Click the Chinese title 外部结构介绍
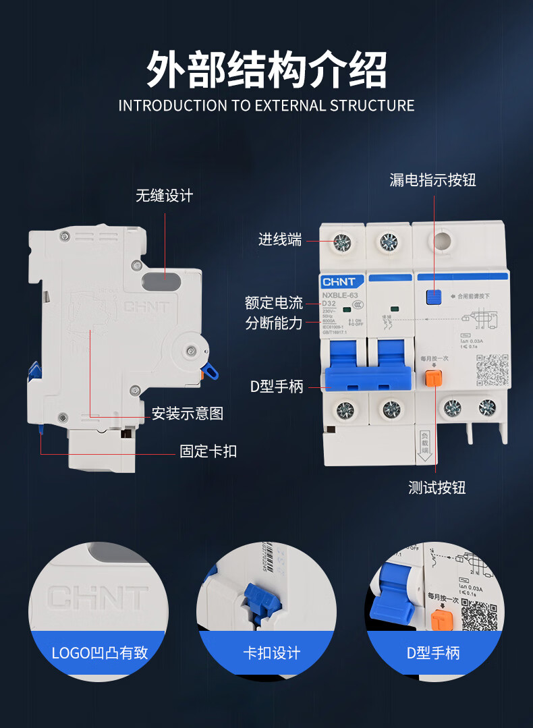(266, 69)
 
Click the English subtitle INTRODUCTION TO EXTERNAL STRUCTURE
(266, 106)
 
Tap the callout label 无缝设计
(164, 196)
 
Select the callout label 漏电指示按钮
(432, 180)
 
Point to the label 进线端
(280, 239)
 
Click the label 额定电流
(274, 303)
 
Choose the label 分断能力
(274, 323)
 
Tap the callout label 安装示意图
(188, 413)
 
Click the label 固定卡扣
(208, 451)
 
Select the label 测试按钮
(437, 488)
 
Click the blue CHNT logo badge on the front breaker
(342, 281)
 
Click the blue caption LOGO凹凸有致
(99, 652)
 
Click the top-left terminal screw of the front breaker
(342, 242)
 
